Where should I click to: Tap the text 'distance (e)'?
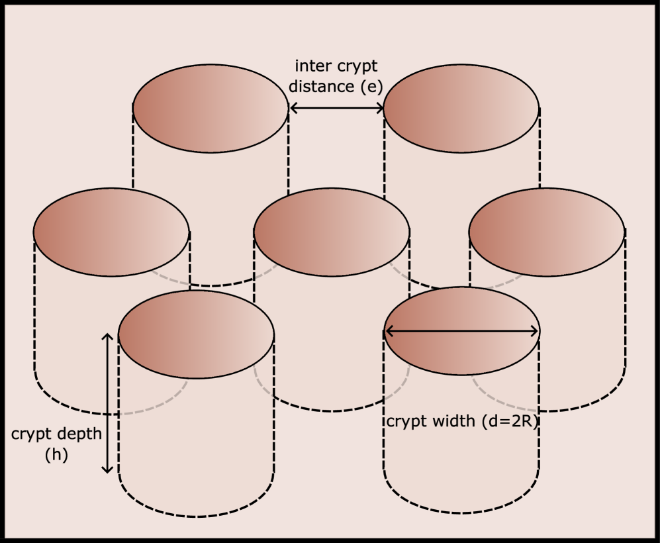tap(337, 86)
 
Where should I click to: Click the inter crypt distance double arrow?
tap(336, 108)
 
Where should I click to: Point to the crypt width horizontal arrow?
tap(462, 331)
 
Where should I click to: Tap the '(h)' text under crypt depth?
tap(56, 455)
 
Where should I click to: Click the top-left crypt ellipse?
tap(211, 108)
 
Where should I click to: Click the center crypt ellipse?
tap(332, 232)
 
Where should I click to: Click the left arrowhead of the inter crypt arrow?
tap(293, 108)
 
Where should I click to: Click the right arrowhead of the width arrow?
tap(535, 331)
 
